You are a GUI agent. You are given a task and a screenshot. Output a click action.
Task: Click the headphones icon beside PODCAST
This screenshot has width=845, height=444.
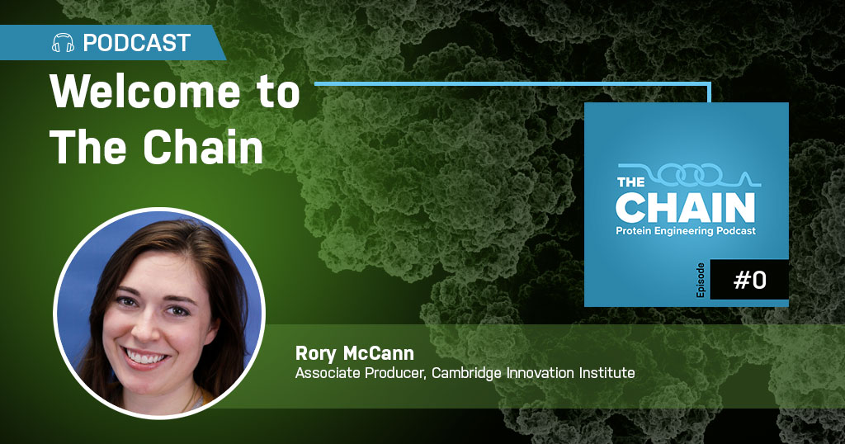[63, 43]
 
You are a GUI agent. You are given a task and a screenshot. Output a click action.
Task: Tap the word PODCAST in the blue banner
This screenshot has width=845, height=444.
[137, 43]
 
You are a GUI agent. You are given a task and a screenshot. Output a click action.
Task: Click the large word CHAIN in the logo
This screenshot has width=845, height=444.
[686, 207]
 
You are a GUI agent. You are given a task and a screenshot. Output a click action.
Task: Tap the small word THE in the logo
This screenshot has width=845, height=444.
[631, 182]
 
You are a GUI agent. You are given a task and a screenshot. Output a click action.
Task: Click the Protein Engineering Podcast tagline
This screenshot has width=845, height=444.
[686, 231]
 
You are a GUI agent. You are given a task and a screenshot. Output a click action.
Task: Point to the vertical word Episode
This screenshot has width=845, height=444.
[701, 281]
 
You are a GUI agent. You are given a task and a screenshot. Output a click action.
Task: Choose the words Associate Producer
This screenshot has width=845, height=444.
[361, 373]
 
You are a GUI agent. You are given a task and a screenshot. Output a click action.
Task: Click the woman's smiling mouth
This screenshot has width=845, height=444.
[145, 357]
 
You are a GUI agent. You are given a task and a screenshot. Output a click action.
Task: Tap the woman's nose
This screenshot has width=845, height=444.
[147, 328]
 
